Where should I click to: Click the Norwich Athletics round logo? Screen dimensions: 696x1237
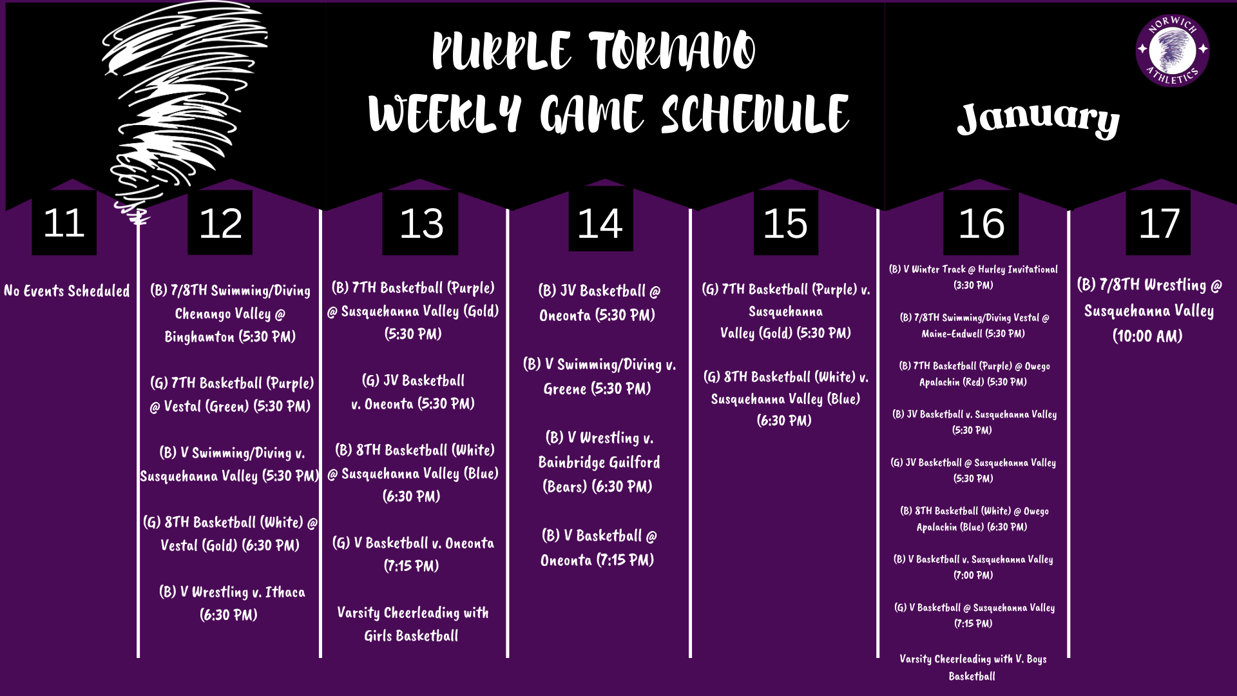(1172, 50)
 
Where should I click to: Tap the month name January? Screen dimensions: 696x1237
(1038, 119)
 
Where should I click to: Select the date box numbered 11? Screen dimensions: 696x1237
(64, 223)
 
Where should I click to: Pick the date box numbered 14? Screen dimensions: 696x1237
(600, 223)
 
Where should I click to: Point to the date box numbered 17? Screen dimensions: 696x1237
(1158, 223)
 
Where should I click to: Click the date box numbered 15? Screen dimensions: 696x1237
(785, 223)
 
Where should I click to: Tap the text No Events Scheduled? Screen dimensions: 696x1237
(67, 291)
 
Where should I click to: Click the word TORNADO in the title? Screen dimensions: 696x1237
(671, 52)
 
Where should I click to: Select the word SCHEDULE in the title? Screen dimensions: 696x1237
(755, 115)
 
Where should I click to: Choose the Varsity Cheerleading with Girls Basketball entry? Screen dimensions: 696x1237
(412, 624)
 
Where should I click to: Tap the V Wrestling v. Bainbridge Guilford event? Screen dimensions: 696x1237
(598, 462)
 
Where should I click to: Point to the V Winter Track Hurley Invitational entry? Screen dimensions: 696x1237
(973, 277)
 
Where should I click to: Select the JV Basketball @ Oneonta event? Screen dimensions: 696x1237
(598, 303)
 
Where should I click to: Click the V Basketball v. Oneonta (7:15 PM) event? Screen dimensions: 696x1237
(412, 554)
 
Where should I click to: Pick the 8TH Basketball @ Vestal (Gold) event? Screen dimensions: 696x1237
(231, 534)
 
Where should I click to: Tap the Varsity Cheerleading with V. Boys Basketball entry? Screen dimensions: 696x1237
(972, 667)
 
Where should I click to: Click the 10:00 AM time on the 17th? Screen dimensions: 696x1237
(1147, 336)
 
